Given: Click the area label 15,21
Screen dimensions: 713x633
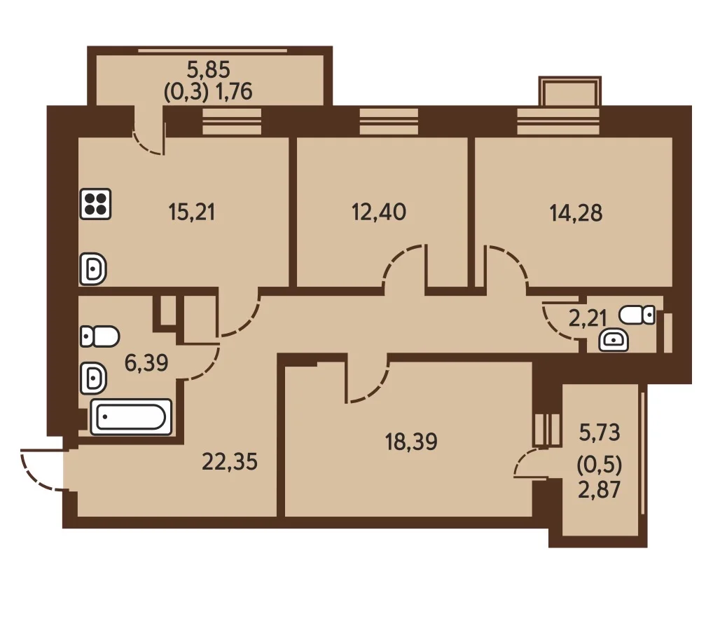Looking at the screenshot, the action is tap(191, 212).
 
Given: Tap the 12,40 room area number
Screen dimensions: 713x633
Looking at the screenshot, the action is tap(379, 212).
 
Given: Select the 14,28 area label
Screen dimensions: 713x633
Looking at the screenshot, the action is tap(576, 213).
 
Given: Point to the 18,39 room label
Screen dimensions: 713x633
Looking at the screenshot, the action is tap(411, 442).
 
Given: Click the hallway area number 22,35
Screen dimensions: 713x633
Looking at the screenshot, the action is tap(230, 462).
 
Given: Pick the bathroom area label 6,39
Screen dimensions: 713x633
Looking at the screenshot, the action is tap(146, 363).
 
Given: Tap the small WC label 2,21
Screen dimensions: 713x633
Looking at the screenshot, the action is tap(588, 318).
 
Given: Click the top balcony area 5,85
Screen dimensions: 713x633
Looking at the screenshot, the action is tap(209, 70).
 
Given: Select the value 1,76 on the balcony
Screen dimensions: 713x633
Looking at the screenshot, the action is tap(234, 91).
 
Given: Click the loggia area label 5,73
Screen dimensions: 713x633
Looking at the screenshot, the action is tap(600, 433).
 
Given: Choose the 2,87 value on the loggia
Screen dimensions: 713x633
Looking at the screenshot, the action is tap(600, 490).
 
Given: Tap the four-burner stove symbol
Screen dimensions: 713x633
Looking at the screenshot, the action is tap(95, 204).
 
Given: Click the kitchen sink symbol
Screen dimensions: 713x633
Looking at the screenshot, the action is tap(93, 269).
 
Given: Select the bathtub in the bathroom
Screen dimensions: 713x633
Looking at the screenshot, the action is tap(132, 416).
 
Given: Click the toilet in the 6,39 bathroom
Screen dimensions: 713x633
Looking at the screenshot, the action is tap(100, 336).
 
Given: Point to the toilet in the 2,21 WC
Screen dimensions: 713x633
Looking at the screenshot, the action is tap(637, 315).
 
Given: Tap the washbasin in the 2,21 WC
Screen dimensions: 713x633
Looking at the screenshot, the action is tap(614, 341).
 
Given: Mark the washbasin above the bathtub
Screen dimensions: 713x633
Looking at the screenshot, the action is tap(93, 378).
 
